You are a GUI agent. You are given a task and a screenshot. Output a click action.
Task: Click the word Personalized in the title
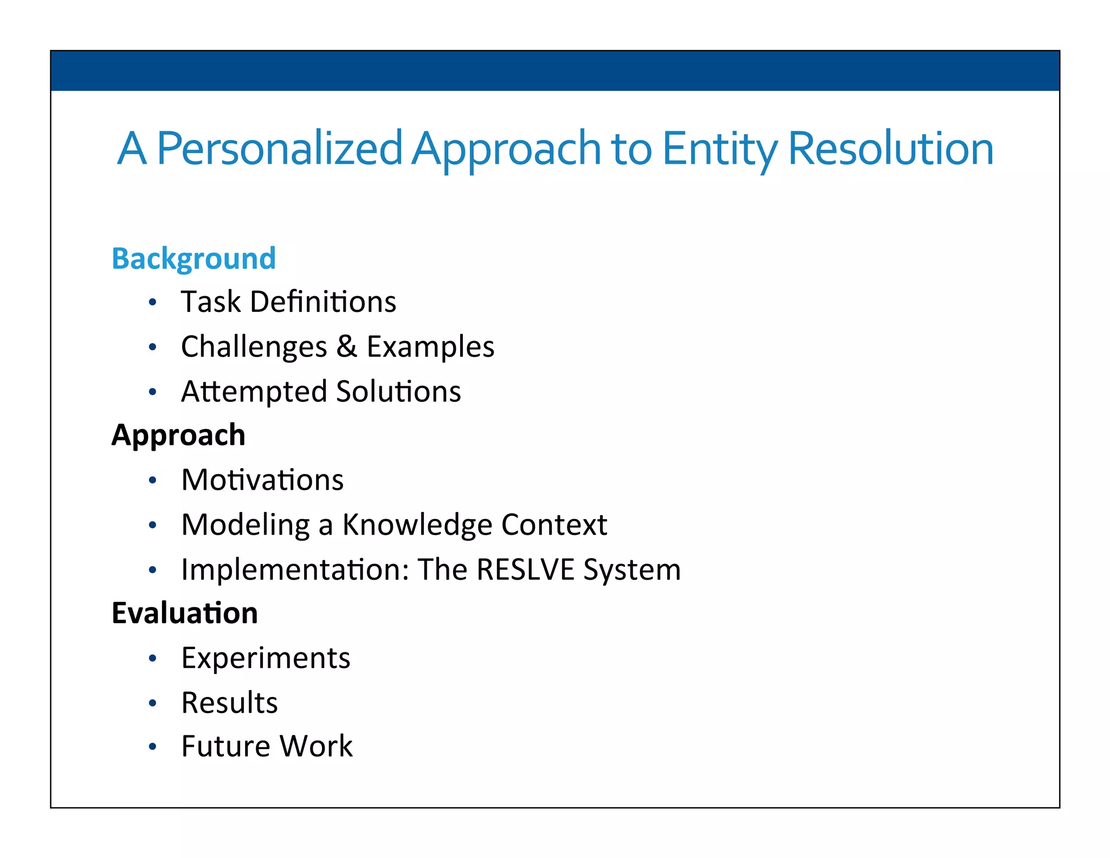click(x=279, y=148)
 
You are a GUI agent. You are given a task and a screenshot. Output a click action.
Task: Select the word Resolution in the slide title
click(x=890, y=148)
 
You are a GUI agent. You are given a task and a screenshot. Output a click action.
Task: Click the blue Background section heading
click(x=193, y=259)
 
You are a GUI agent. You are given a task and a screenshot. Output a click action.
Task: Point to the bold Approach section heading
click(x=178, y=435)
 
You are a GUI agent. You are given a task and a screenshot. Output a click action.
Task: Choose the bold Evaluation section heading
click(x=184, y=613)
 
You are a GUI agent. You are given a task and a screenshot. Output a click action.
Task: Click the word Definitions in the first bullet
click(x=323, y=302)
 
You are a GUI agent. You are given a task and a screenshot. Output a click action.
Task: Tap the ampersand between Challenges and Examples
click(x=346, y=347)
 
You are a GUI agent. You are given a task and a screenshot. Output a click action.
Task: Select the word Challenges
click(x=254, y=347)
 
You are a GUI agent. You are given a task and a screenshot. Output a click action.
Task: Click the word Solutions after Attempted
click(x=398, y=392)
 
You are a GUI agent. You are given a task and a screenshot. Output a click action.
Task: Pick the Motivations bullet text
click(x=262, y=480)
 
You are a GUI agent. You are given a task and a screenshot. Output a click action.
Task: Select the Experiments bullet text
click(x=266, y=658)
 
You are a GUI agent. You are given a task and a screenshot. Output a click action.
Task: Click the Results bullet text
click(x=229, y=703)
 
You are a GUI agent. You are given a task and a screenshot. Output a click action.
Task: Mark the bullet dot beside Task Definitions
click(x=153, y=302)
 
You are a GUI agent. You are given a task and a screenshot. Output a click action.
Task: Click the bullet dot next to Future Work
click(x=153, y=747)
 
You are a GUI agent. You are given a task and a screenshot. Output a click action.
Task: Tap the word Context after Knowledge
click(x=554, y=525)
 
